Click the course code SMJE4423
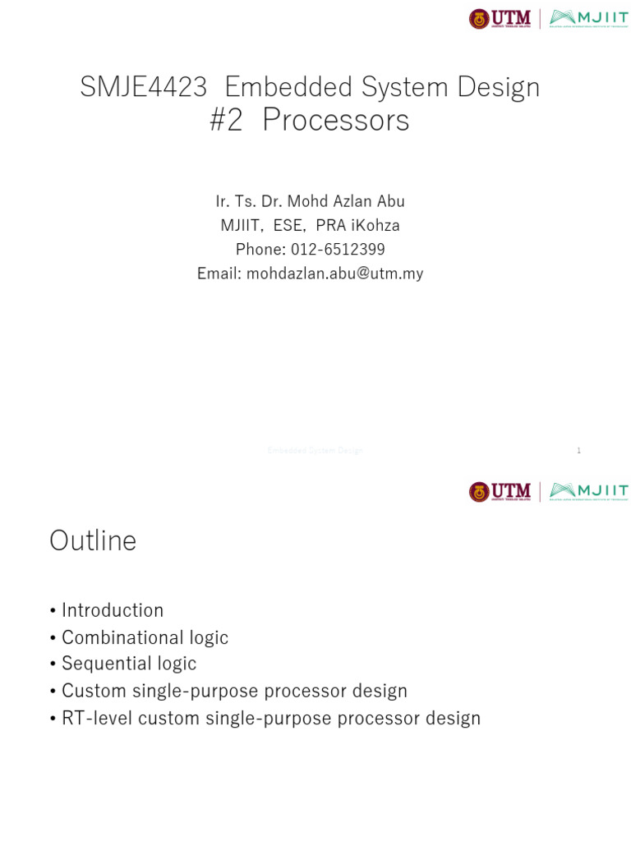[x=143, y=87]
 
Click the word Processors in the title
[x=335, y=121]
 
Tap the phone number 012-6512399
[x=338, y=249]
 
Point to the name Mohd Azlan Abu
[x=351, y=201]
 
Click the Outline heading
[x=93, y=540]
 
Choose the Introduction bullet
[x=113, y=610]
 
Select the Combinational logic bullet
[x=145, y=637]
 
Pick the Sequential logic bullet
[x=129, y=663]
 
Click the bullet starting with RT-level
[x=270, y=718]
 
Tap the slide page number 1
[x=579, y=451]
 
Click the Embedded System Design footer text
[x=315, y=451]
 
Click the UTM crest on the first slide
[x=479, y=19]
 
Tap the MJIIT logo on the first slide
[x=589, y=19]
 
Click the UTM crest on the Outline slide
[x=479, y=492]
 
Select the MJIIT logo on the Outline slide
[x=589, y=492]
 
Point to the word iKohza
[x=375, y=225]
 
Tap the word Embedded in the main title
[x=279, y=87]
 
